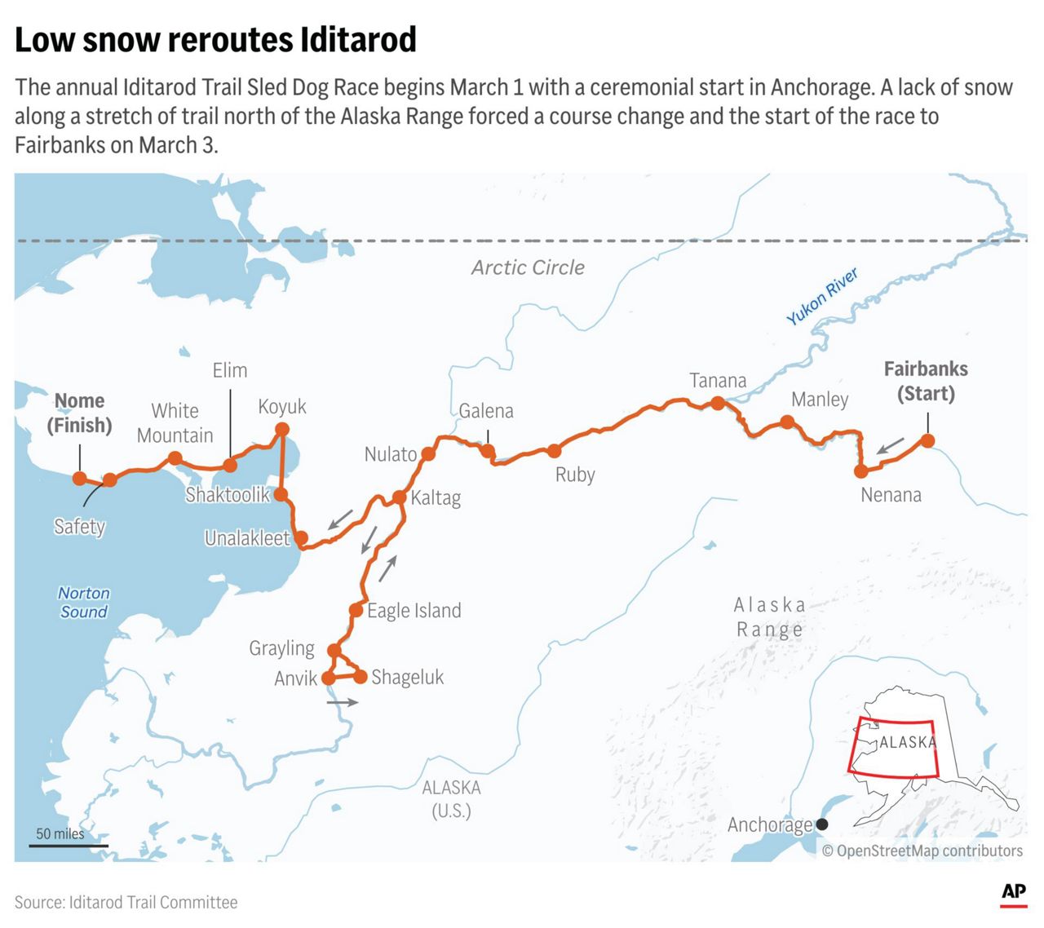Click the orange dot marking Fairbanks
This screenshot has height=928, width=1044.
(x=927, y=441)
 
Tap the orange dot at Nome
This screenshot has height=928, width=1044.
(x=79, y=478)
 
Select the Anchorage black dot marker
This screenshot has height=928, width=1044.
(x=822, y=824)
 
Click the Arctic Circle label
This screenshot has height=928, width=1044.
(x=528, y=267)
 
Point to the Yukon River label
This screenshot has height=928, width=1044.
(x=822, y=296)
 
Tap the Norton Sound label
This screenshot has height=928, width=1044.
(x=83, y=603)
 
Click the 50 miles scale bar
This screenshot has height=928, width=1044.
(x=69, y=845)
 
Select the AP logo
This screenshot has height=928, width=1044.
(x=1014, y=893)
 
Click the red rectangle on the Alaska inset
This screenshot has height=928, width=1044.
(x=893, y=748)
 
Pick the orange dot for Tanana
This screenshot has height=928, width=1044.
(x=717, y=403)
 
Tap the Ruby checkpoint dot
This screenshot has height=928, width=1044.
(x=555, y=451)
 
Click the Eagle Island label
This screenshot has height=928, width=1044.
(x=414, y=611)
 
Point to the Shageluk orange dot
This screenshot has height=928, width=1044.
(x=360, y=676)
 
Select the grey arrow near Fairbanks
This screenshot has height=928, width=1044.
(x=891, y=445)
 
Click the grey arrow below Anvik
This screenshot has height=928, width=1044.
(x=342, y=701)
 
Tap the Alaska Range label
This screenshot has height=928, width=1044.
(x=769, y=617)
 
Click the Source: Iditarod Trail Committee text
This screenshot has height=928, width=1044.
(x=126, y=902)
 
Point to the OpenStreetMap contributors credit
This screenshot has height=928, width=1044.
(x=922, y=851)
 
